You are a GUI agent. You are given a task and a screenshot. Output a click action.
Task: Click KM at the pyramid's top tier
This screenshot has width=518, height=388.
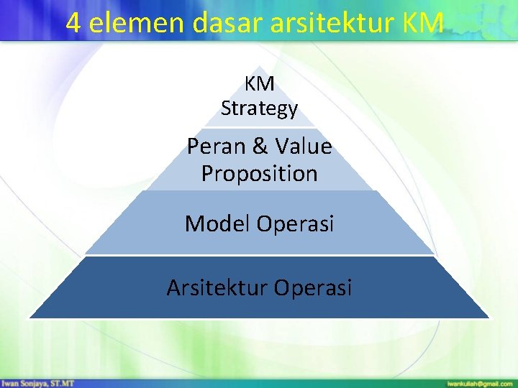(259, 84)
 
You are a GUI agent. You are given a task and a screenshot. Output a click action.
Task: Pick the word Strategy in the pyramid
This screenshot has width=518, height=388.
(259, 108)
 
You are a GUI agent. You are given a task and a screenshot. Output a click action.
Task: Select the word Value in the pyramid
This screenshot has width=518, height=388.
(302, 147)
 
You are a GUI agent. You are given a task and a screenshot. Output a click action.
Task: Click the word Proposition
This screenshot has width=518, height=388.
(259, 174)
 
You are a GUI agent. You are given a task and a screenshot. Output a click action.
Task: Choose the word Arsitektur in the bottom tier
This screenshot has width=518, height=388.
(217, 288)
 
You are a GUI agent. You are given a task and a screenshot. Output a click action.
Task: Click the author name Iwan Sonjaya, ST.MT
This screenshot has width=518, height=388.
(37, 383)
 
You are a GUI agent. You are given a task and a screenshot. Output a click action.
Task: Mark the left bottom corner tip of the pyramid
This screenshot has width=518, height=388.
(30, 317)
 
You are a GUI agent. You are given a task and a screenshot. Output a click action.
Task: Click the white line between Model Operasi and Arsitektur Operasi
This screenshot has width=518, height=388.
(259, 255)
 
